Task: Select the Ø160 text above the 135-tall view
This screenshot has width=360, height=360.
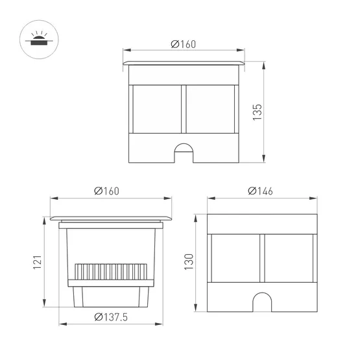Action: [184, 44]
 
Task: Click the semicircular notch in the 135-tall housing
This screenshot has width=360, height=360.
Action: [185, 152]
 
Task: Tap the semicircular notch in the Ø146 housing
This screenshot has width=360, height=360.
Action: [261, 302]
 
